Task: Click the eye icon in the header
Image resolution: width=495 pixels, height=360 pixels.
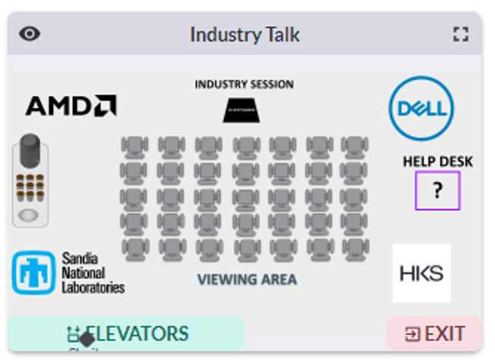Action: pyautogui.click(x=30, y=34)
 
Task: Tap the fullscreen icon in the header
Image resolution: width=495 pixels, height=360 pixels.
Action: pyautogui.click(x=460, y=34)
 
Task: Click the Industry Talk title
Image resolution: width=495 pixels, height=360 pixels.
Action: pyautogui.click(x=244, y=35)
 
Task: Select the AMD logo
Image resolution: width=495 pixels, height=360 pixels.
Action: pyautogui.click(x=71, y=106)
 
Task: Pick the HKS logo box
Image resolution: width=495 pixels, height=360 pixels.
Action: pyautogui.click(x=421, y=273)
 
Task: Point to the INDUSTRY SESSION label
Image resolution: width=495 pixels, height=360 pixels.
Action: pyautogui.click(x=244, y=84)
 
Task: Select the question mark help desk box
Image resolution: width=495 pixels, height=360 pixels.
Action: pyautogui.click(x=437, y=191)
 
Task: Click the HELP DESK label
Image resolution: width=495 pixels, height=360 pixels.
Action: pyautogui.click(x=437, y=161)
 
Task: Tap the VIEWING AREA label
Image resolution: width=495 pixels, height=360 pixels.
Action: pyautogui.click(x=247, y=279)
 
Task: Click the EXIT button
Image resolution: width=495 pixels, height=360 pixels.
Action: pyautogui.click(x=435, y=333)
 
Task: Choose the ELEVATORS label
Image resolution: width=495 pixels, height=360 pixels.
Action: pyautogui.click(x=137, y=333)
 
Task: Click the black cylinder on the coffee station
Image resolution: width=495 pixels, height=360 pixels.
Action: pyautogui.click(x=30, y=151)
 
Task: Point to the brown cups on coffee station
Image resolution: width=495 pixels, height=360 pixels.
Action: pyautogui.click(x=30, y=185)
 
